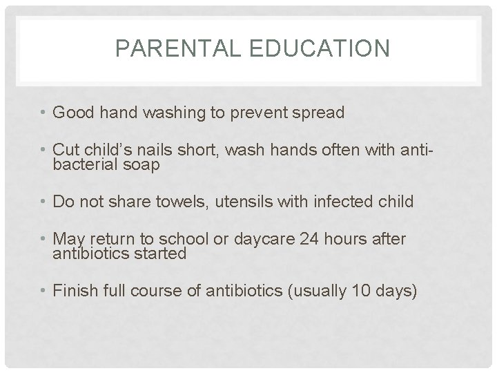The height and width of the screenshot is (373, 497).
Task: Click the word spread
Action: (x=318, y=113)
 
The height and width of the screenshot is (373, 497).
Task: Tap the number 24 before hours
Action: (x=309, y=239)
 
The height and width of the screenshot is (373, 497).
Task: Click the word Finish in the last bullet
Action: (x=72, y=290)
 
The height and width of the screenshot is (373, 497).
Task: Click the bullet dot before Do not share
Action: (x=44, y=202)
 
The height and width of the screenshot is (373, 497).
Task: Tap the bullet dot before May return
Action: (x=44, y=240)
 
